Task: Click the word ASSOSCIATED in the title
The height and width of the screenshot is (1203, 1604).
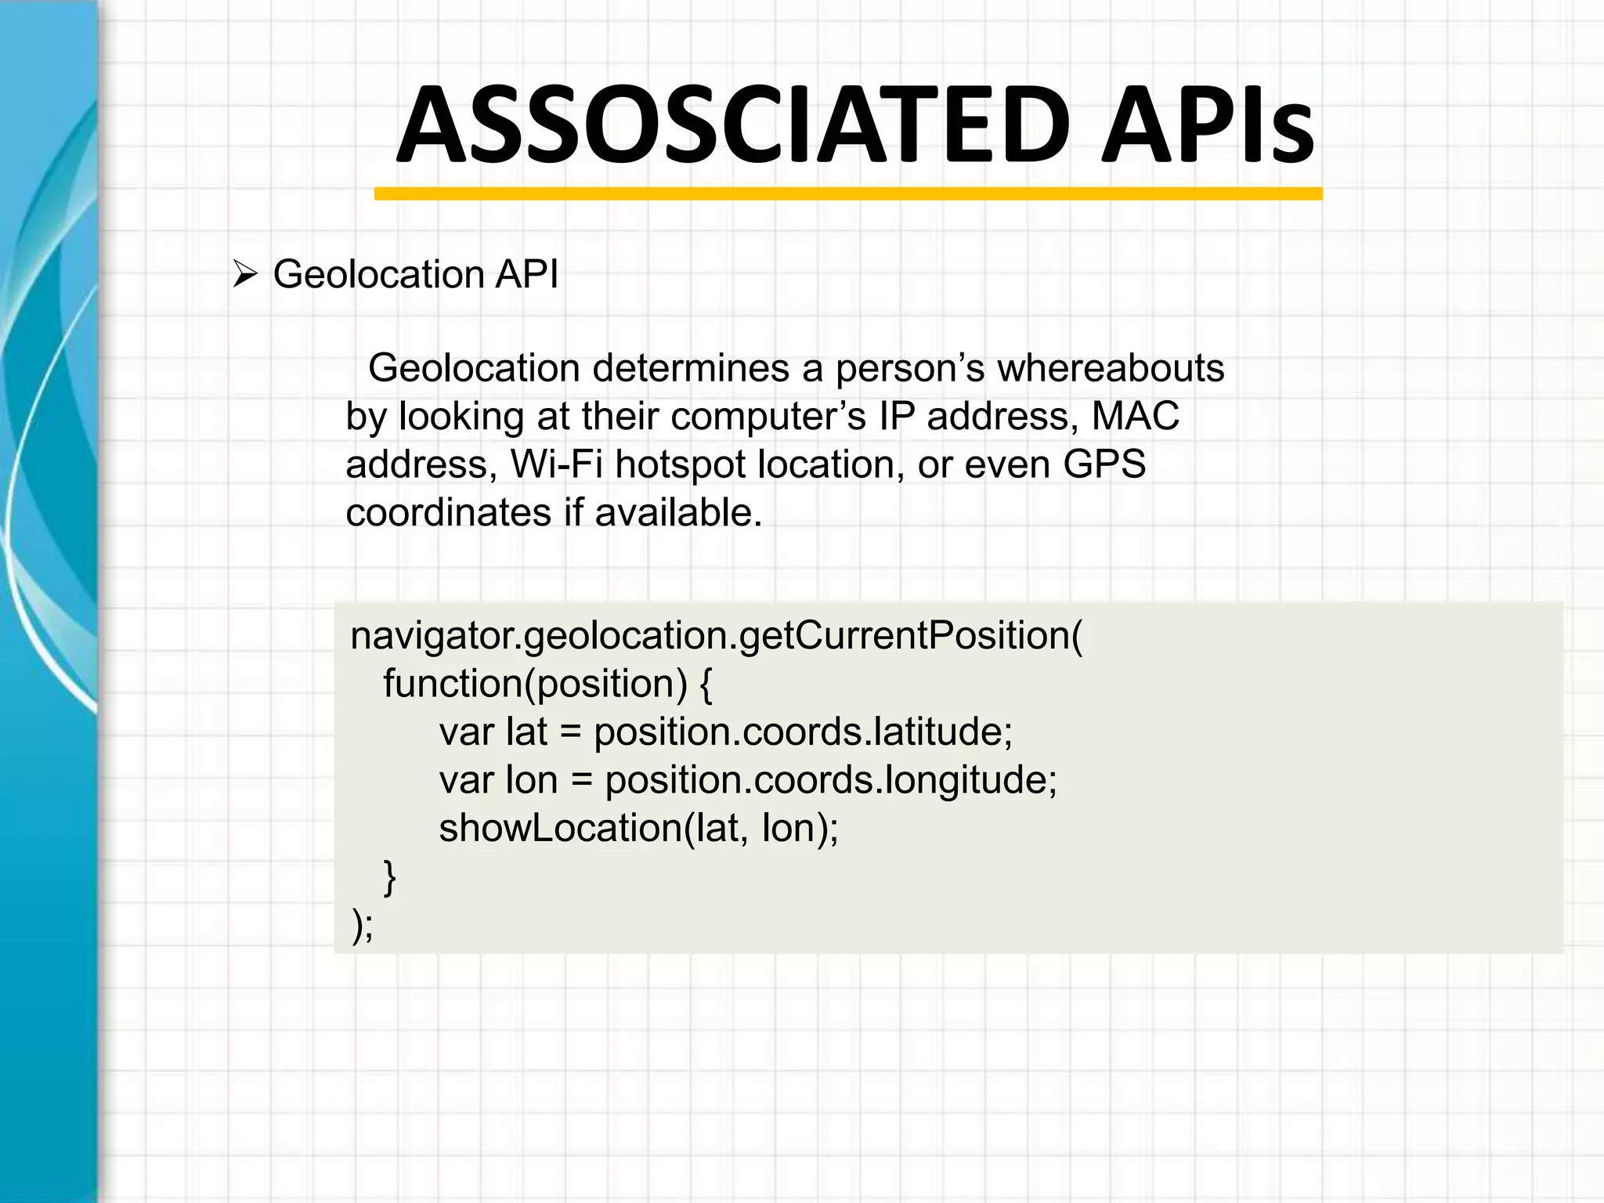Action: [x=733, y=125]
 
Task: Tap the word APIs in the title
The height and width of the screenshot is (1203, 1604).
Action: [x=1208, y=125]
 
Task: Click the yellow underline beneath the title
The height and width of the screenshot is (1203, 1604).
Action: [x=848, y=193]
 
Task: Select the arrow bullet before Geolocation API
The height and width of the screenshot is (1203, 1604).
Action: [x=245, y=275]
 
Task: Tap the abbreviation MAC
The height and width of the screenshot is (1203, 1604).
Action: [x=1135, y=416]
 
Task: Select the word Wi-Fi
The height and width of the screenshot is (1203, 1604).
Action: [x=556, y=464]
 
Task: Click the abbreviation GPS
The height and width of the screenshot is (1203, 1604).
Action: [x=1104, y=464]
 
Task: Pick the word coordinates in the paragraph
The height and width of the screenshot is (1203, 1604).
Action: [x=449, y=513]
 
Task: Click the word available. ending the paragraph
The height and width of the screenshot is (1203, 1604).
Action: [x=678, y=513]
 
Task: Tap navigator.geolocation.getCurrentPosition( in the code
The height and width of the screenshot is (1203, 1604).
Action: [x=716, y=636]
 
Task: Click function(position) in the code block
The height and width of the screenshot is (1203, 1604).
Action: [x=535, y=684]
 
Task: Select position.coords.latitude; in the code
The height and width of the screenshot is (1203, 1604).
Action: [x=803, y=732]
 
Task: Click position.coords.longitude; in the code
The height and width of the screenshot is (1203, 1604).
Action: [x=831, y=781]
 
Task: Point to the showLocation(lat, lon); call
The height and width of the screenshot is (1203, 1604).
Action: [x=638, y=829]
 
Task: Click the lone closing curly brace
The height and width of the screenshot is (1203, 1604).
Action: [x=389, y=877]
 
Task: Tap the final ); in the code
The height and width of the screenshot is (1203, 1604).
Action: [x=362, y=926]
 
